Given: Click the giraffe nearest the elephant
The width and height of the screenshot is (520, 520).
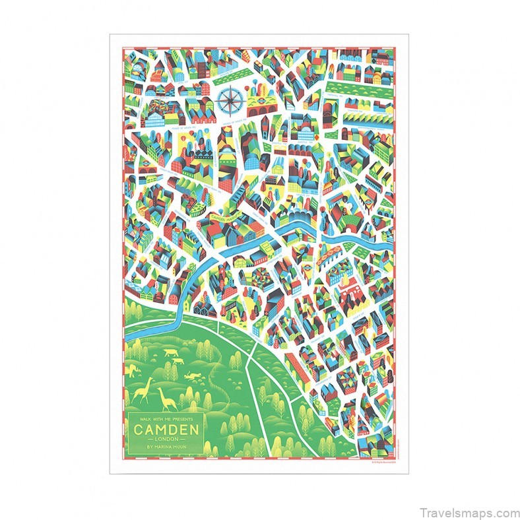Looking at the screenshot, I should tap(142, 391).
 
